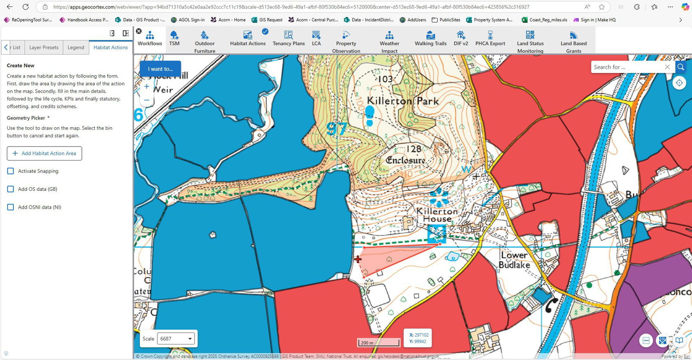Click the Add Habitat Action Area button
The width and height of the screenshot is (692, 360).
(45, 153)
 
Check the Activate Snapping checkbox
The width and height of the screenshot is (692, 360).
(11, 171)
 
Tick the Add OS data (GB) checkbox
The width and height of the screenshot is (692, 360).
(11, 189)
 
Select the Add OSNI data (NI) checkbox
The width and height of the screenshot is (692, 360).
(11, 207)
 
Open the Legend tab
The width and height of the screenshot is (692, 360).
(76, 48)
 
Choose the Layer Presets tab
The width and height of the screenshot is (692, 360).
(44, 48)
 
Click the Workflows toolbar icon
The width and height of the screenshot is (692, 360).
(150, 39)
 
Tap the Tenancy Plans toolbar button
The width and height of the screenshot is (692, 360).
(288, 39)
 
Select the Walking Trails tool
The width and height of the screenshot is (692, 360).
(430, 39)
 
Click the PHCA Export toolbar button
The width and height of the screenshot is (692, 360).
(490, 39)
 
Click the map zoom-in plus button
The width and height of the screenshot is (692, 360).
(147, 87)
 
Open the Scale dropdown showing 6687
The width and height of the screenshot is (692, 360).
(176, 339)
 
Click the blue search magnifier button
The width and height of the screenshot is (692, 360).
(681, 67)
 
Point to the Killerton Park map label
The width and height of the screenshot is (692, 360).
(403, 101)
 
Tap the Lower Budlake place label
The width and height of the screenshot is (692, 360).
(515, 260)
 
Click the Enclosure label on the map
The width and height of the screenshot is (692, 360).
(405, 160)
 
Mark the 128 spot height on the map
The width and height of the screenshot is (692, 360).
(413, 149)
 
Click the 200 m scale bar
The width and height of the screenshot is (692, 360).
(378, 343)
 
